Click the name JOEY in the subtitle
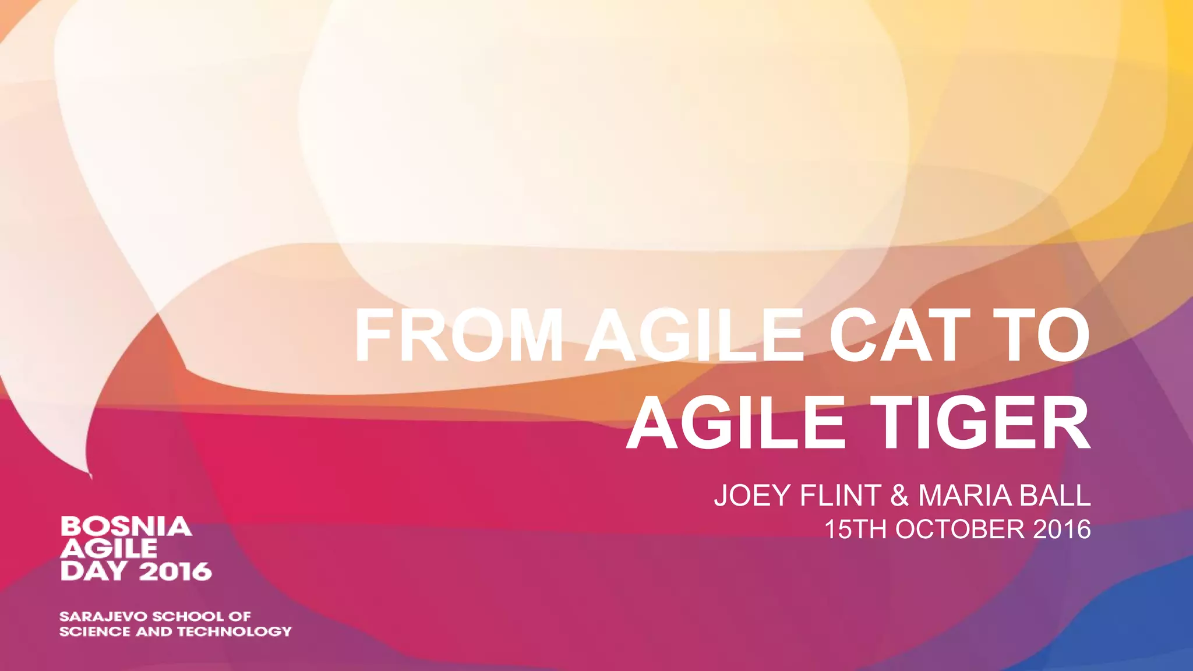pyautogui.click(x=752, y=496)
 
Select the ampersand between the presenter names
pyautogui.click(x=899, y=496)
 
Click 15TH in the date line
pyautogui.click(x=856, y=529)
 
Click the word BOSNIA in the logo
pyautogui.click(x=126, y=527)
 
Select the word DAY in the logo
pyautogui.click(x=94, y=571)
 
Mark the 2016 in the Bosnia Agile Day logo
pyautogui.click(x=175, y=571)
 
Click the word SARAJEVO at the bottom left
pyautogui.click(x=104, y=616)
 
